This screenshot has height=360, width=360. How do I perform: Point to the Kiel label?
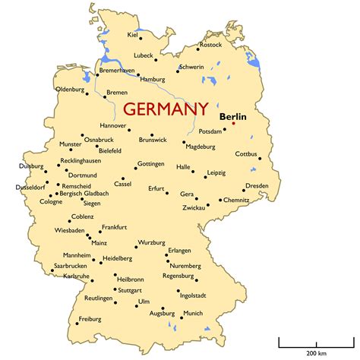pyautogui.click(x=134, y=35)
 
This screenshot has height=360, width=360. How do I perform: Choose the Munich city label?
pyautogui.click(x=194, y=314)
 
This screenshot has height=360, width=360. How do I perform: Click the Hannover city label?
pyautogui.click(x=112, y=125)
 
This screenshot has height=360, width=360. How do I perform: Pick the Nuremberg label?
pyautogui.click(x=185, y=266)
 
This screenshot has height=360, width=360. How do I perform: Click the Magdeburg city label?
pyautogui.click(x=201, y=146)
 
